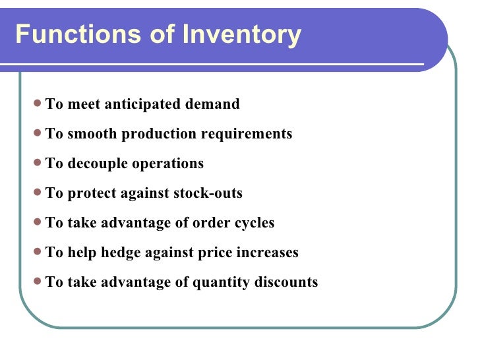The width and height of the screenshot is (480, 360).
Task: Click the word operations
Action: click(168, 164)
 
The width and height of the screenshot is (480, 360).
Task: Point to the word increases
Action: click(268, 253)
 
